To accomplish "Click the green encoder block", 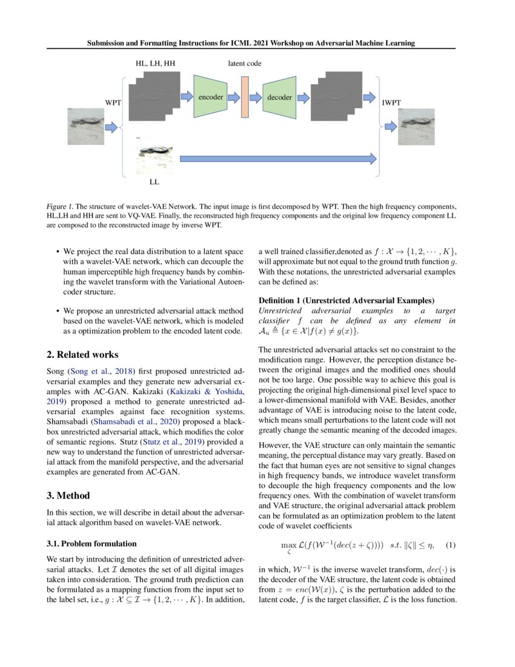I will point(210,96).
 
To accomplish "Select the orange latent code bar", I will point(245,96).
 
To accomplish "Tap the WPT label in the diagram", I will point(113,103).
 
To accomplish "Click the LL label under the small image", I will point(154,181).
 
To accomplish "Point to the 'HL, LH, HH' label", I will point(154,63).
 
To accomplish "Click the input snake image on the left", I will point(85,126).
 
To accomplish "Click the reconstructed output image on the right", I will point(416,126).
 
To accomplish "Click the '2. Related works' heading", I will point(82,354).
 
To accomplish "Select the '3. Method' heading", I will point(68,495).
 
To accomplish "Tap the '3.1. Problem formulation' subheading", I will point(91,543).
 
